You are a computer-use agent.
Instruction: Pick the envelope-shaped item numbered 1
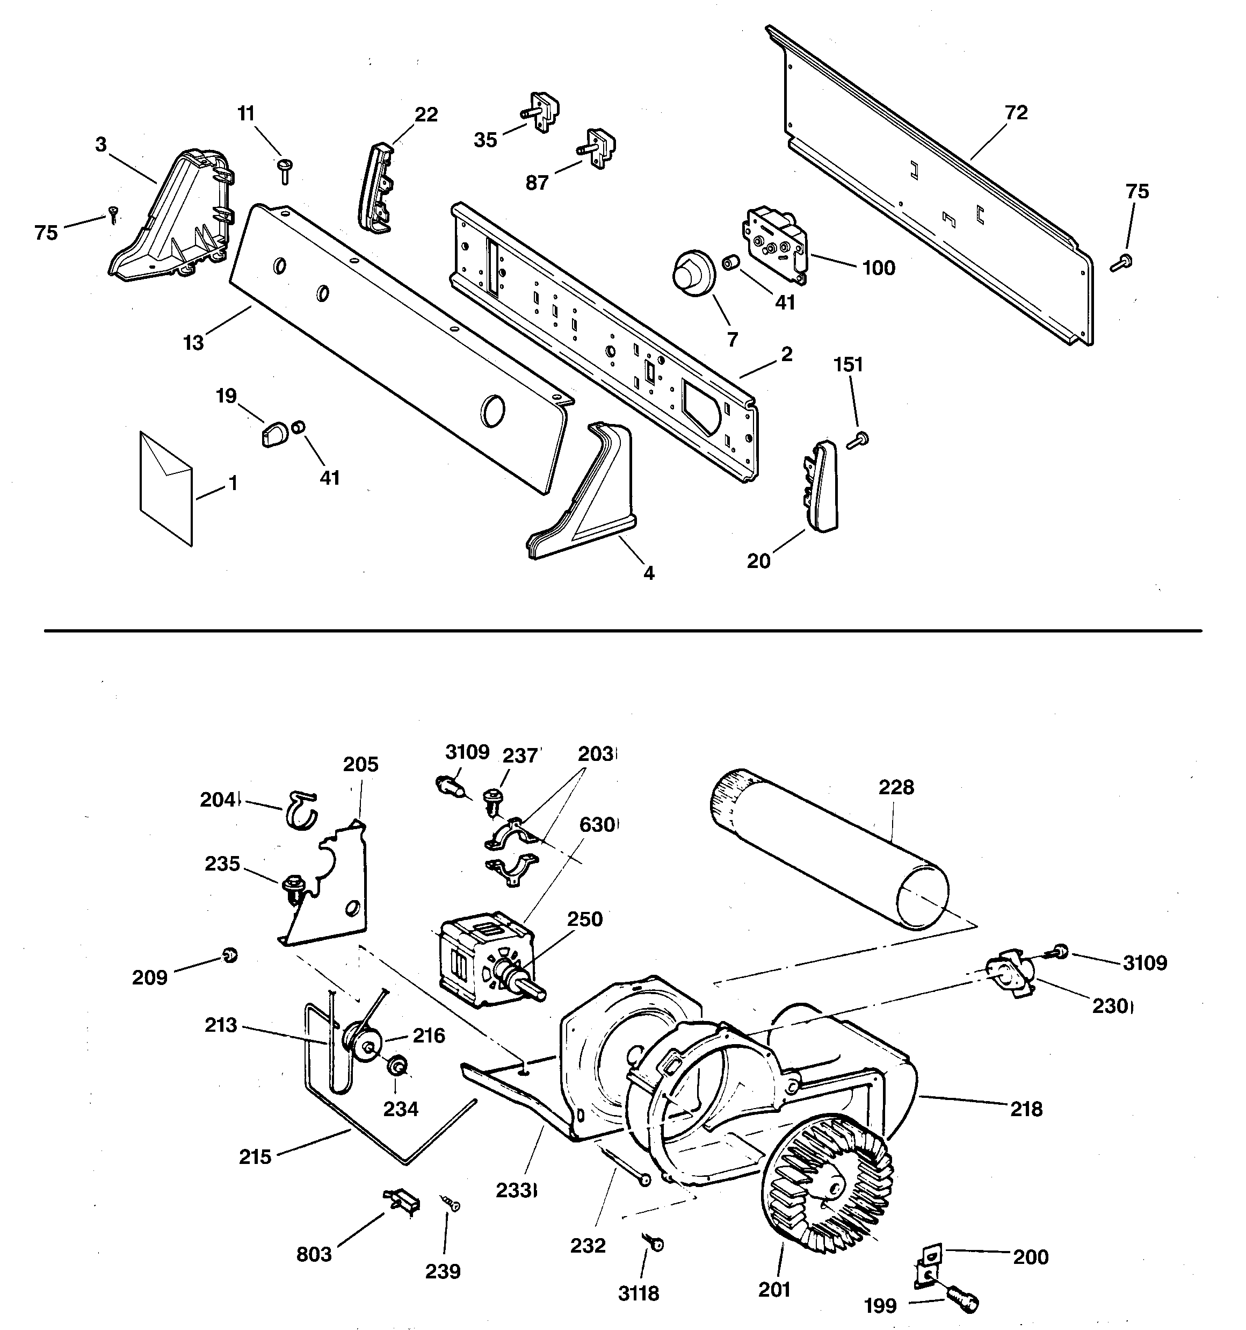(166, 488)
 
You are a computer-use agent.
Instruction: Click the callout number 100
(878, 268)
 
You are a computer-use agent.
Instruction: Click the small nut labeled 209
(229, 955)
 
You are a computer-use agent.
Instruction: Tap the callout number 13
(193, 342)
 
